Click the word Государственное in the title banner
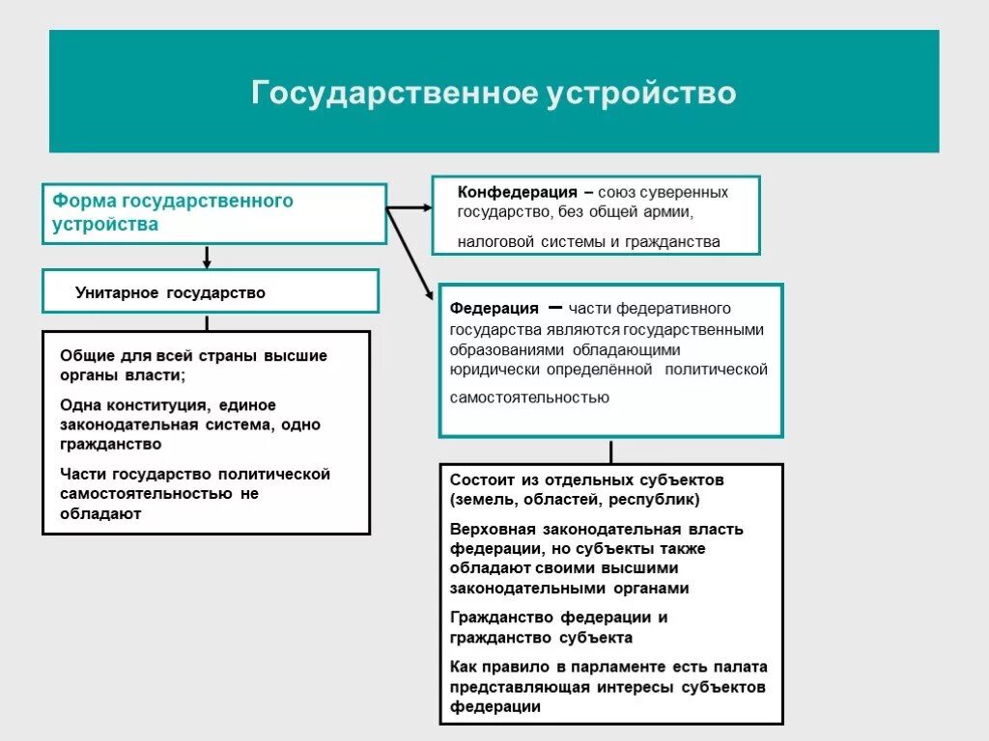pyautogui.click(x=394, y=94)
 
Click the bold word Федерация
pyautogui.click(x=494, y=308)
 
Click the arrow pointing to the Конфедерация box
pyautogui.click(x=410, y=206)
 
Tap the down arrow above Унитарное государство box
pyautogui.click(x=207, y=257)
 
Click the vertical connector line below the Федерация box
pyautogui.click(x=610, y=452)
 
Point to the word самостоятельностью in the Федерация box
pyautogui.click(x=529, y=397)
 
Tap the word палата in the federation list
pyautogui.click(x=742, y=667)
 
